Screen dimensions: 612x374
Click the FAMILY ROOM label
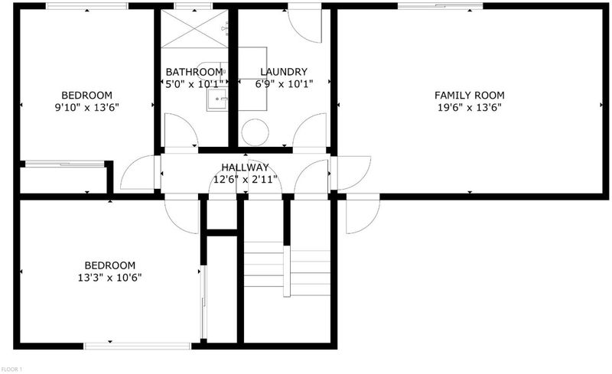coord(469,96)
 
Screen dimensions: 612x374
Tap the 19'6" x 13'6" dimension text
coord(469,107)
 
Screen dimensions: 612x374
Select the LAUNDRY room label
coord(284,72)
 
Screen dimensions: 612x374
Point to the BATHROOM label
coord(194,72)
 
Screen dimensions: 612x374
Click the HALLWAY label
coord(245,167)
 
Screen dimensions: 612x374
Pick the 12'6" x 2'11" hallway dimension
coord(245,180)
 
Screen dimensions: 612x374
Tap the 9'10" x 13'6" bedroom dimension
coord(86,107)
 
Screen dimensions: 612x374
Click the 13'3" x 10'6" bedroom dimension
coord(109,278)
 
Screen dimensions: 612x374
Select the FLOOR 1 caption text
coord(12,369)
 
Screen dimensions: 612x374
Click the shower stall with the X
coord(194,28)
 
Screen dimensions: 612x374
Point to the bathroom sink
coord(217,99)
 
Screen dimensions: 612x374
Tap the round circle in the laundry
coord(255,132)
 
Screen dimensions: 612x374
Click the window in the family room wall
coord(441,6)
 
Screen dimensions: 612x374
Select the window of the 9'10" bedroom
coord(86,6)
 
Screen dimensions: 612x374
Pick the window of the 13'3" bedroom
coord(138,346)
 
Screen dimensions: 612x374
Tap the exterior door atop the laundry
coord(304,24)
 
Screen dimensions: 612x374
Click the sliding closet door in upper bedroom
coord(64,164)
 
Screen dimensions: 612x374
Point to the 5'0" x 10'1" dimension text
coord(194,83)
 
